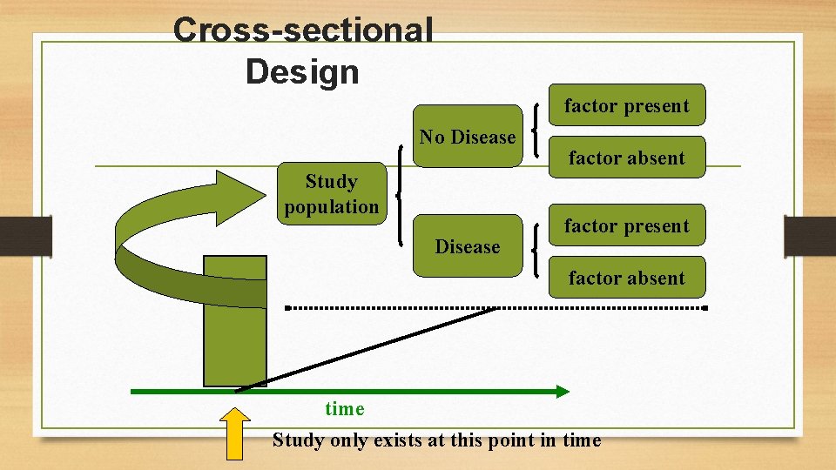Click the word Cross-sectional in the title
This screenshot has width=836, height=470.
pos(303,30)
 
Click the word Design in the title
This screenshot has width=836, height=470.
pos(302,71)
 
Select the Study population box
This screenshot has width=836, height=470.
pos(332,194)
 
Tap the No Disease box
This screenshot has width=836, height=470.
pos(468,138)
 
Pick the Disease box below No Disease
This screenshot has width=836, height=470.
pos(468,246)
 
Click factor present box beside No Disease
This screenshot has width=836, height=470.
pos(626,106)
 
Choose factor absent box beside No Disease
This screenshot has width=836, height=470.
pos(626,158)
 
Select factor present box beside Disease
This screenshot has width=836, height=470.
pos(626,226)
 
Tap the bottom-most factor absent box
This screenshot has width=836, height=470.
pos(626,278)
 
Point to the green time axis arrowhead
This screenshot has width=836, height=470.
pos(562,392)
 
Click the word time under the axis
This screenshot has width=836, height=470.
pos(345,409)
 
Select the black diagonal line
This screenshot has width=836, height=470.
pos(366,349)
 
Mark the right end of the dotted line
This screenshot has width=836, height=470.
pos(705,308)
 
